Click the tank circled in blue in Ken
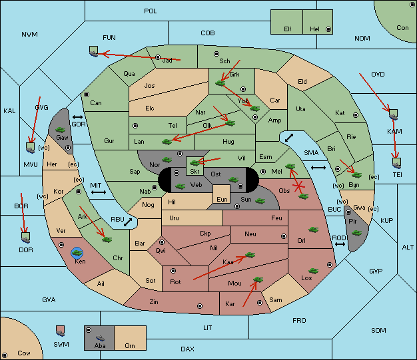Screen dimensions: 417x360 77,253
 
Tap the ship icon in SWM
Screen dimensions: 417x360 61,331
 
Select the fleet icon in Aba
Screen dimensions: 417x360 100,338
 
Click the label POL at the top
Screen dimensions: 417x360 151,11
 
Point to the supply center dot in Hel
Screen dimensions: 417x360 328,29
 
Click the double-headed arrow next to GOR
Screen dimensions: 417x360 77,117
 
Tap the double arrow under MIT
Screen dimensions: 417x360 99,192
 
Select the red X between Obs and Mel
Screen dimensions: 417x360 298,186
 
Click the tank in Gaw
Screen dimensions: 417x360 61,130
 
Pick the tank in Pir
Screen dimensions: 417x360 356,233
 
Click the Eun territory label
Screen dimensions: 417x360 222,200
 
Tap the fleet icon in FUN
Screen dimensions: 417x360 94,51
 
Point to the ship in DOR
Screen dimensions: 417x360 26,238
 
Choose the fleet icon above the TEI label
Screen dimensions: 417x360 397,163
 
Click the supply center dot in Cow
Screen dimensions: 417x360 5,355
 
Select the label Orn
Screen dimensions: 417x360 130,345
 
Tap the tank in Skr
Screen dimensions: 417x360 195,162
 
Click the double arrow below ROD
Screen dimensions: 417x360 340,244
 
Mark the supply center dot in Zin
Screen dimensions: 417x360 200,306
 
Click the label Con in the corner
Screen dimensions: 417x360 402,28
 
